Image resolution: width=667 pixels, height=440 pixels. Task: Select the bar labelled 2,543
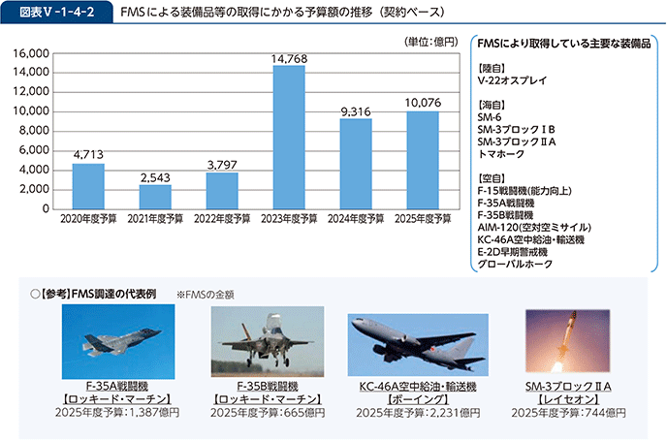pyautogui.click(x=155, y=197)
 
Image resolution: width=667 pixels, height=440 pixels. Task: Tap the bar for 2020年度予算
pyautogui.click(x=88, y=186)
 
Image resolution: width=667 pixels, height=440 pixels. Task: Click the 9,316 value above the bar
pyautogui.click(x=356, y=111)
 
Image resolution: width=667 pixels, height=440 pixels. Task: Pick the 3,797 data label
pyautogui.click(x=222, y=165)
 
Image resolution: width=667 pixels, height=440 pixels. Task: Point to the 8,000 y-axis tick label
pyautogui.click(x=36, y=131)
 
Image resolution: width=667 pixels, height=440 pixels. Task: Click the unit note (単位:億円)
pyautogui.click(x=429, y=40)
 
